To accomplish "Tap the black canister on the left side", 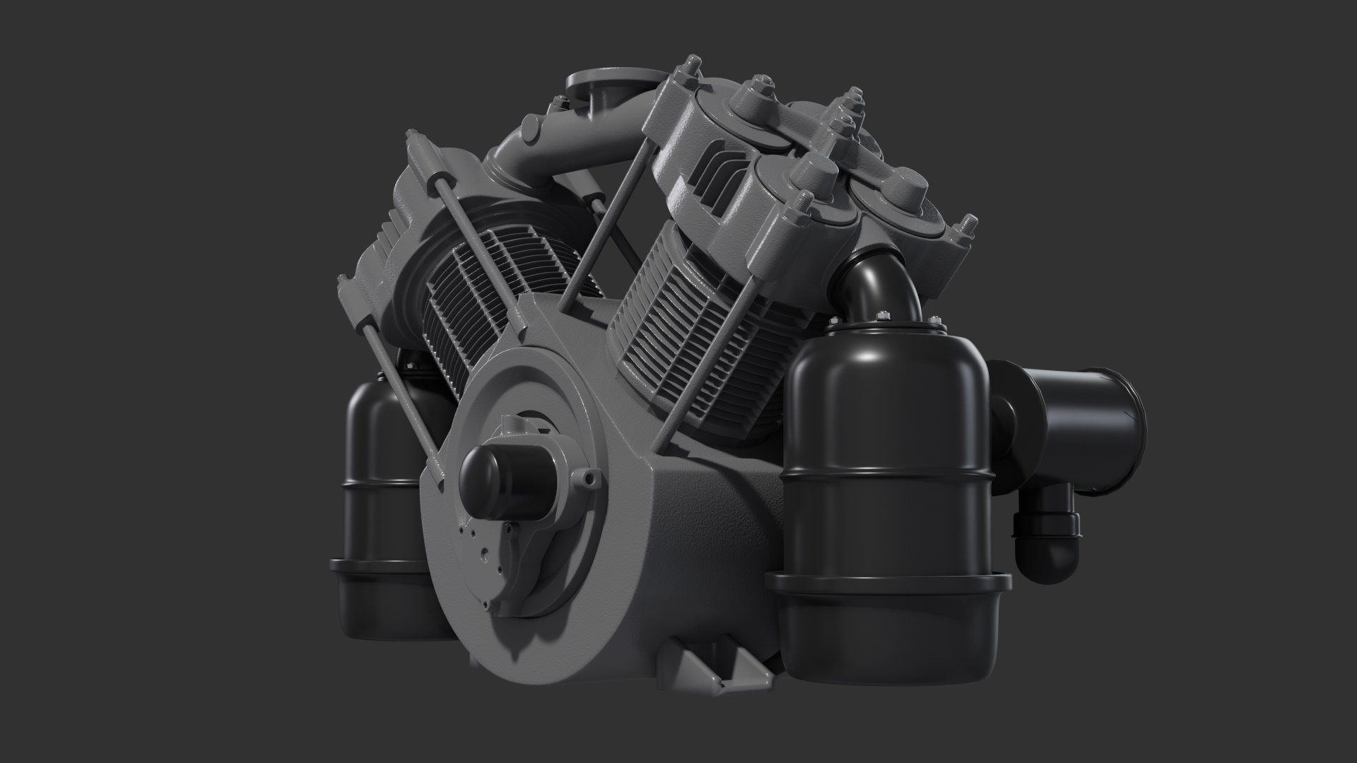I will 382,452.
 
